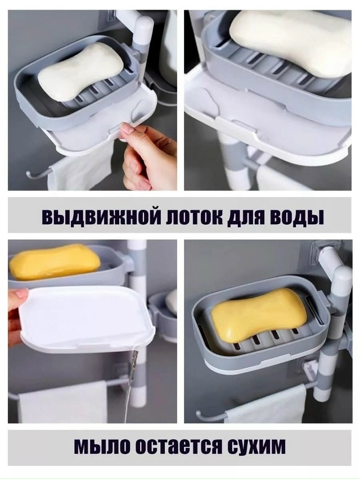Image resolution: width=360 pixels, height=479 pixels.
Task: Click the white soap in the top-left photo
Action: pyautogui.click(x=80, y=71)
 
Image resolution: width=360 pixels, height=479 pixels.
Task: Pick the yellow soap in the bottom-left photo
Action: pyautogui.click(x=55, y=262)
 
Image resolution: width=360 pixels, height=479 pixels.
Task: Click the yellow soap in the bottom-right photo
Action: pyautogui.click(x=259, y=315)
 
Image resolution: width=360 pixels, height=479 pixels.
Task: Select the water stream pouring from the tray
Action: pyautogui.click(x=132, y=382)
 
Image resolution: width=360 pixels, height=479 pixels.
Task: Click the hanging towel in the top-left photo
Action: pyautogui.click(x=79, y=171)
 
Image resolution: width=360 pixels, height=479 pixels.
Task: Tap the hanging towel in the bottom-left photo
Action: pyautogui.click(x=62, y=402)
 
